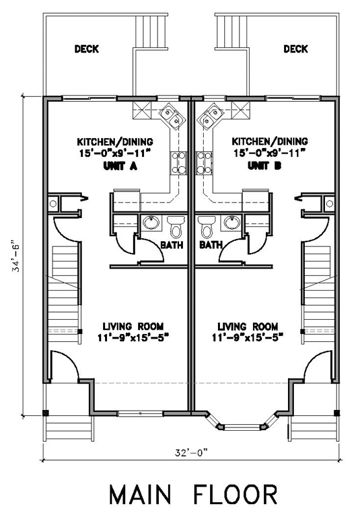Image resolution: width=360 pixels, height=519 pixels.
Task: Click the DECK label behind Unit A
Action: [87, 49]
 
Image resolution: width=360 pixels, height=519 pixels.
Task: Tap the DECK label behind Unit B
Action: [296, 49]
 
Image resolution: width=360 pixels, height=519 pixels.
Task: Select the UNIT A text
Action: [120, 166]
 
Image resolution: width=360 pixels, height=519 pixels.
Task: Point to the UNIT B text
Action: [265, 166]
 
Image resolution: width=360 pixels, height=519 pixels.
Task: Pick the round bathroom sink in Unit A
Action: [151, 223]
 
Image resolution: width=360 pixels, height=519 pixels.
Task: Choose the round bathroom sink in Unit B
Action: [232, 223]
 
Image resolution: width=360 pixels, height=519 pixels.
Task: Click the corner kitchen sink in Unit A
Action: [172, 117]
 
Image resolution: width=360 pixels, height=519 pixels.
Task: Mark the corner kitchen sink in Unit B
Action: [210, 117]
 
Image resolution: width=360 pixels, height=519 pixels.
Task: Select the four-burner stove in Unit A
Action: [179, 163]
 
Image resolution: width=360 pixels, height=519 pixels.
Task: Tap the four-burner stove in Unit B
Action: [204, 163]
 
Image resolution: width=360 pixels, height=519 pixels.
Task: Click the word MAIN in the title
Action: [140, 495]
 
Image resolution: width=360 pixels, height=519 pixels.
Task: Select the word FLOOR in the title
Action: [235, 495]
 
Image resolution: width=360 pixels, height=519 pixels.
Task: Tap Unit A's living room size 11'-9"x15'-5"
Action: [134, 337]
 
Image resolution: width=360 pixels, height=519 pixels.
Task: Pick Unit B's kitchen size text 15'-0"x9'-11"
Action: [269, 153]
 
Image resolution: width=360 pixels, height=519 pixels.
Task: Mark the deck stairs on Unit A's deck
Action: [151, 32]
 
